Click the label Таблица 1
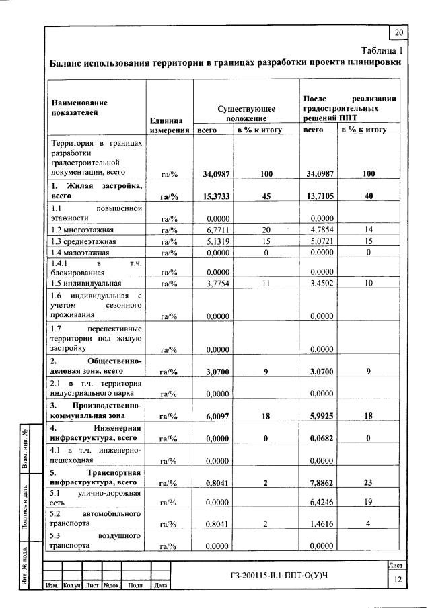(381, 50)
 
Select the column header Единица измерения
(169, 125)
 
